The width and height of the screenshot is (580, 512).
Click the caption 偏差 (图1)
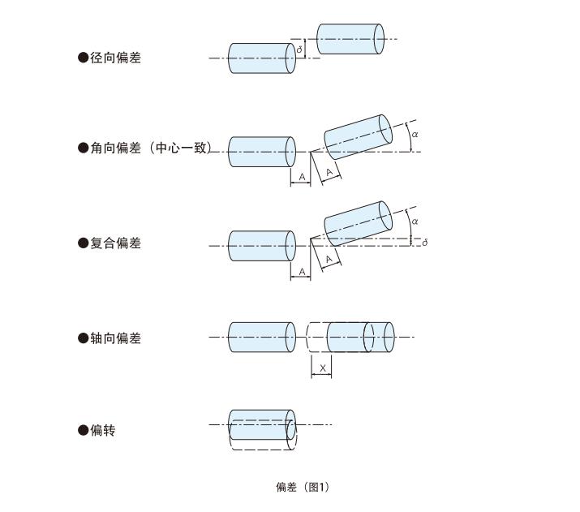[302, 487]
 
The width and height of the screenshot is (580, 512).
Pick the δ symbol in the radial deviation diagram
[299, 49]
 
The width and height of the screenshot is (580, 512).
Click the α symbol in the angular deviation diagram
[415, 134]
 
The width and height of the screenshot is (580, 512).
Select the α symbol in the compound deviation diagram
[415, 221]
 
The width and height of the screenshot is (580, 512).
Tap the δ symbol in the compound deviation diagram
[425, 242]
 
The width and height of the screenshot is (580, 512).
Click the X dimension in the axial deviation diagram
[322, 368]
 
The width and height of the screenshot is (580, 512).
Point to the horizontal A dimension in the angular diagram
[301, 177]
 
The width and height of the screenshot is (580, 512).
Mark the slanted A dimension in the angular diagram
[329, 172]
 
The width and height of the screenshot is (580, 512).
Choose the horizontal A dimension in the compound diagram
[301, 272]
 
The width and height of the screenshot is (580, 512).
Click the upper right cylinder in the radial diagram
[350, 39]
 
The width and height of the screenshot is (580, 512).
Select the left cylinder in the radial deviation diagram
[261, 58]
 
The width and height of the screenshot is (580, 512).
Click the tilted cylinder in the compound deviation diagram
[358, 223]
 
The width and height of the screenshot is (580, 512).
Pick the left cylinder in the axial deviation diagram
[261, 337]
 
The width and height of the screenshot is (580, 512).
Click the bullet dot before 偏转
[83, 430]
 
